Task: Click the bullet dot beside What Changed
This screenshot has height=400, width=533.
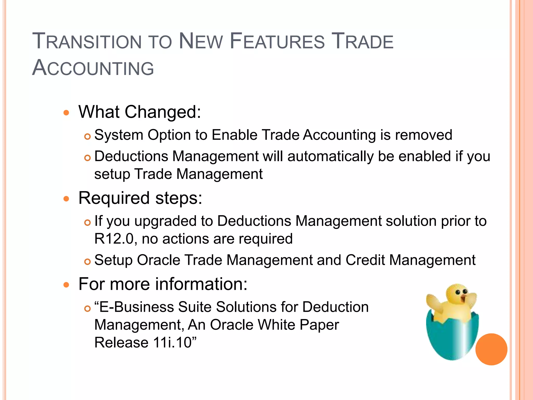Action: (67, 113)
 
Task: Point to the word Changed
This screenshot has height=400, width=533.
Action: (163, 112)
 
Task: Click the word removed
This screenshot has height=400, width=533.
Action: (423, 135)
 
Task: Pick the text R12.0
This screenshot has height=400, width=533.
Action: (114, 239)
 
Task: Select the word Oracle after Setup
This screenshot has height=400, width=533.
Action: (158, 260)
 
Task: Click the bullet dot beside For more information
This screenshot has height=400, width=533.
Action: (67, 285)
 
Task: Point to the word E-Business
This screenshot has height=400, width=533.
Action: (137, 307)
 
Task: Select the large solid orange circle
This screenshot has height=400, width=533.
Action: (491, 349)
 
